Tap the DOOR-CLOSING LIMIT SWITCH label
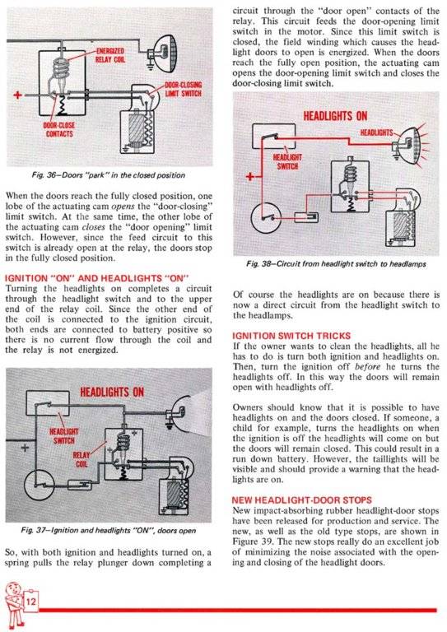(x=184, y=90)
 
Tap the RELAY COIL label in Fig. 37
(x=86, y=457)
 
